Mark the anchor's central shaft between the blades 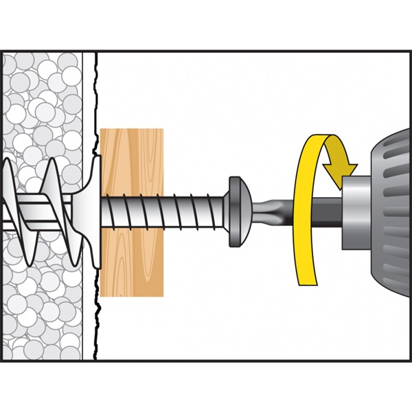click(x=34, y=206)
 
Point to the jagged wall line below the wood click(x=96, y=323)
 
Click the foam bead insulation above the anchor click(x=41, y=103)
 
